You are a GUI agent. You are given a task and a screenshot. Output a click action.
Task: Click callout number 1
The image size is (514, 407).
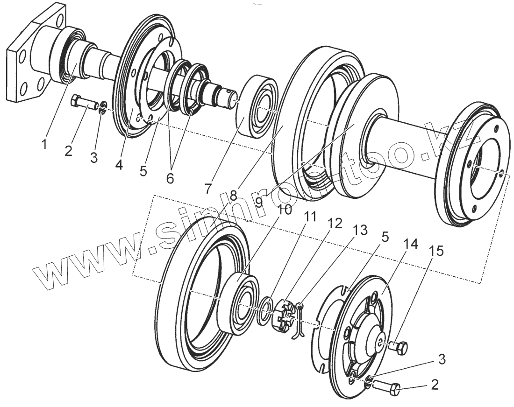coord(44,144)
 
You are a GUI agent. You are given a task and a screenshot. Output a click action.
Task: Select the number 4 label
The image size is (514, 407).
coord(120,164)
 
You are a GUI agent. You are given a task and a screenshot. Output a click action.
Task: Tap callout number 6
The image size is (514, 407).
coord(169,178)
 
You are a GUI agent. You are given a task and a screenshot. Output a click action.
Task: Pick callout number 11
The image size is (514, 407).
coord(310,217)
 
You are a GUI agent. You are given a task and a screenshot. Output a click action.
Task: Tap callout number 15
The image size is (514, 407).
coord(436,251)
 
